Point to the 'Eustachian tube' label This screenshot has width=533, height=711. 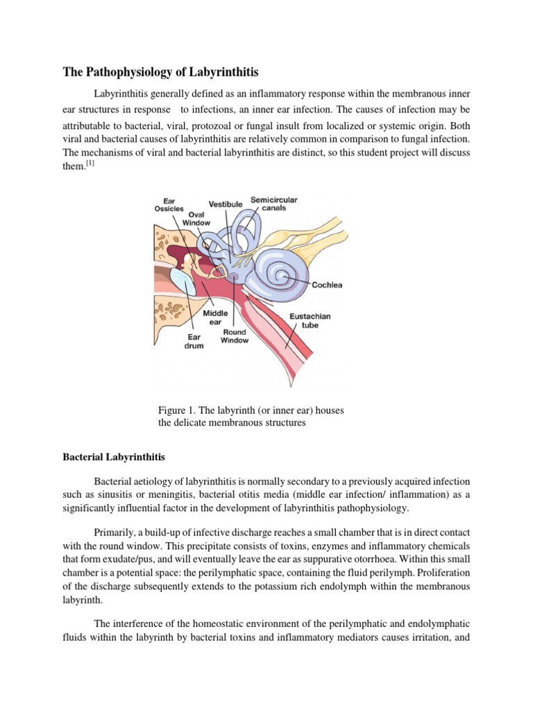click(310, 321)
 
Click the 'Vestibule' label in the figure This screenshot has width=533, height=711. click(226, 204)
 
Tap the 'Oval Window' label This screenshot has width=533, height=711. click(196, 219)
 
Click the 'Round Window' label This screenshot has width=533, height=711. click(235, 336)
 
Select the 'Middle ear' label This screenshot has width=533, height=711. click(215, 317)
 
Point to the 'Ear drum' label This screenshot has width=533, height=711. click(194, 342)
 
